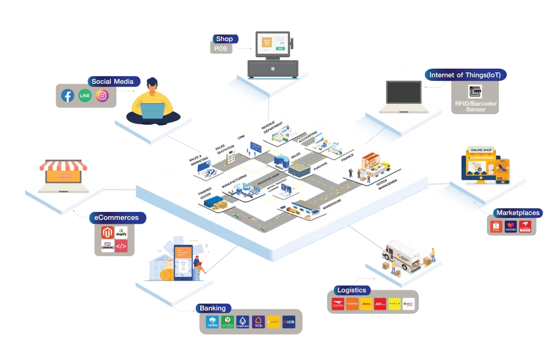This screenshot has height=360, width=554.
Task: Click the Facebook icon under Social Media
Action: [x=68, y=96]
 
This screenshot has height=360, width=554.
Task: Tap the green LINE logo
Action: [x=85, y=96]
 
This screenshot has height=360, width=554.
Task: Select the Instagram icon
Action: [x=102, y=96]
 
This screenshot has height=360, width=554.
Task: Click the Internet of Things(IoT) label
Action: [x=465, y=75]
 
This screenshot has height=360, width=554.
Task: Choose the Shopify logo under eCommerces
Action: [x=121, y=233]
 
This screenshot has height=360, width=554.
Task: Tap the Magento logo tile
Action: [x=108, y=233]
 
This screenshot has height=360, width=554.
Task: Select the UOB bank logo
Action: [x=288, y=322]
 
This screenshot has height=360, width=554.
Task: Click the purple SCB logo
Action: [x=258, y=322]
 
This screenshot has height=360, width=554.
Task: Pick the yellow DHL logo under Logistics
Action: [x=367, y=304]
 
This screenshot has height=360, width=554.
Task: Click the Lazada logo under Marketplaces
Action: [x=511, y=226]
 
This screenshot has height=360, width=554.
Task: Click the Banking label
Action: [x=213, y=308]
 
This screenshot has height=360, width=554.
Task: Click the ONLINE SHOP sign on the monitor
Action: [x=480, y=150]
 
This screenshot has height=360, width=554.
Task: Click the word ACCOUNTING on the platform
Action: [x=308, y=138]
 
